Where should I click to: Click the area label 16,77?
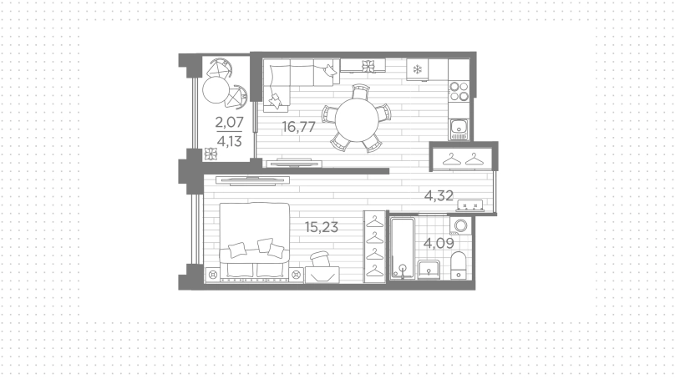tap(299, 127)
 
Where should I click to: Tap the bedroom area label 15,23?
tap(321, 227)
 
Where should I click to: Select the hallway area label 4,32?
tap(439, 195)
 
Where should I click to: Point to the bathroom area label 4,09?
tap(439, 244)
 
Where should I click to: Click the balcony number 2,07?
tap(230, 122)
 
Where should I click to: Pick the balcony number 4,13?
tap(230, 141)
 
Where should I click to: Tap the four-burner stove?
tap(459, 91)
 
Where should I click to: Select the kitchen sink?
tap(459, 129)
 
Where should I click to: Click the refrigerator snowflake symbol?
tap(417, 69)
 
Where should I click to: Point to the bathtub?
tap(403, 248)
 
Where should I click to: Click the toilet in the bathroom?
tap(458, 265)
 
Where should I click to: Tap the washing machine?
tap(460, 225)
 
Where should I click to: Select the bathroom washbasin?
tap(428, 270)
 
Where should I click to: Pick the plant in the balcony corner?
tap(211, 154)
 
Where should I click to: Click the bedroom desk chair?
tap(320, 260)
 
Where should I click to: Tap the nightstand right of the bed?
tap(297, 275)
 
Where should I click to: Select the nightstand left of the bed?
tap(212, 275)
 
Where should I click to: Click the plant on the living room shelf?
tap(368, 66)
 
